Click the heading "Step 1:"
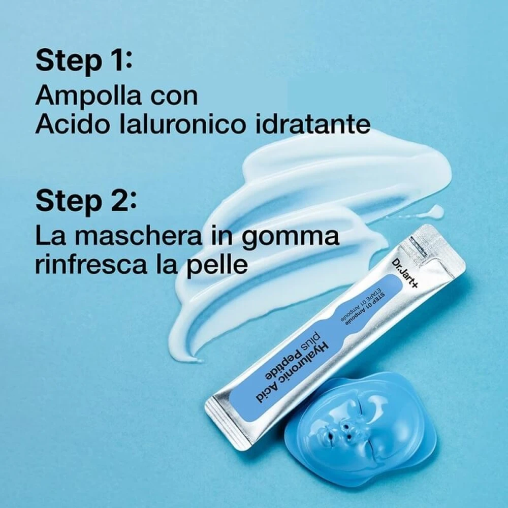coord(84,61)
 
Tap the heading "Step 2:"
coord(86,201)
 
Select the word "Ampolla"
coord(88,96)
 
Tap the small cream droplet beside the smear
coord(436,210)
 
